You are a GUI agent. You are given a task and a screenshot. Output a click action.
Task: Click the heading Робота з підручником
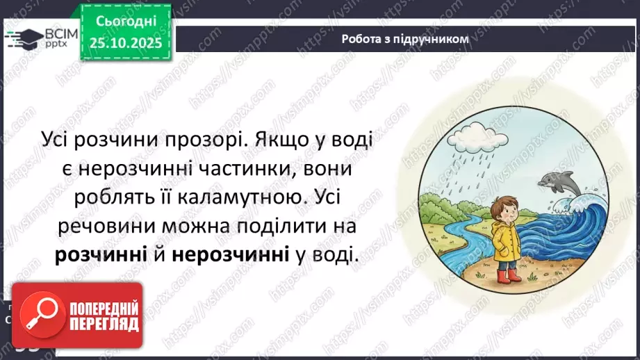click(x=405, y=39)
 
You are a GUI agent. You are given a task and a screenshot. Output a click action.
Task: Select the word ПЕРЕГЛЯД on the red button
click(x=105, y=325)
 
